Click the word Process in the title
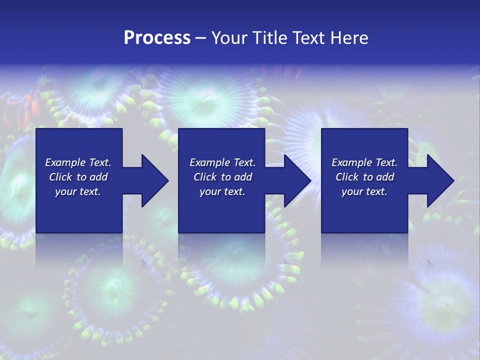point(157,38)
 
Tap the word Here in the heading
point(349,38)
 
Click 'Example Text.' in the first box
point(78,162)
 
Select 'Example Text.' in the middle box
point(222,162)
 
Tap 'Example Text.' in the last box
point(364,162)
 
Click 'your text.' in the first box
point(78,191)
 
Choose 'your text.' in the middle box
point(222,191)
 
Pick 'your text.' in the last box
point(364,191)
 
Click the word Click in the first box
point(60,177)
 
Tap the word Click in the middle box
point(205,177)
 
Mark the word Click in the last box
point(347,177)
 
